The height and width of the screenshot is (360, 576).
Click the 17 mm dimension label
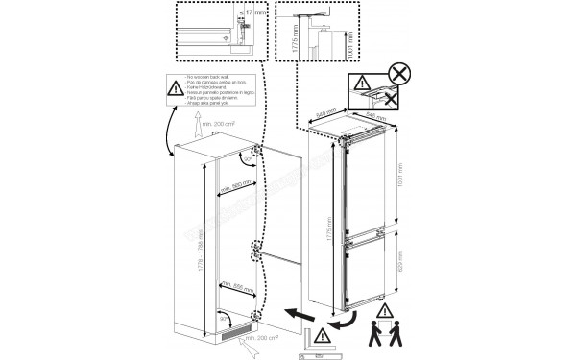[253, 13]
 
